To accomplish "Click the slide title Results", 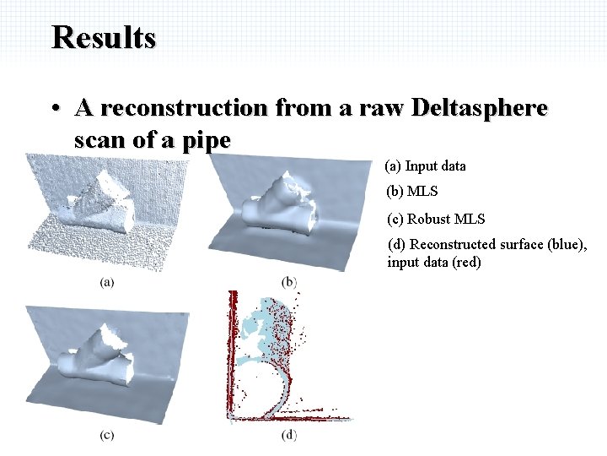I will pyautogui.click(x=104, y=38).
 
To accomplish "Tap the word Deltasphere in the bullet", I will pyautogui.click(x=479, y=108).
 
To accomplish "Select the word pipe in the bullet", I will pyautogui.click(x=206, y=140).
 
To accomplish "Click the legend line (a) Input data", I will pyautogui.click(x=425, y=166).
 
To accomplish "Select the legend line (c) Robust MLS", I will pyautogui.click(x=436, y=219).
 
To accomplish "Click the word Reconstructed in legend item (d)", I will pyautogui.click(x=448, y=245).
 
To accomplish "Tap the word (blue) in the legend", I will pyautogui.click(x=567, y=245).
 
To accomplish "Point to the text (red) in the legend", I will pyautogui.click(x=466, y=262).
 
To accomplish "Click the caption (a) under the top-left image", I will pyautogui.click(x=107, y=282).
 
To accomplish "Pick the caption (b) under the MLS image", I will pyautogui.click(x=289, y=281).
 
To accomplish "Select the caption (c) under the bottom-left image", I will pyautogui.click(x=107, y=435).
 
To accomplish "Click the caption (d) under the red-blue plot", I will pyautogui.click(x=289, y=435).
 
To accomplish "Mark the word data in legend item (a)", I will pyautogui.click(x=451, y=166).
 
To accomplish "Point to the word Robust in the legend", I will pyautogui.click(x=428, y=219).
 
